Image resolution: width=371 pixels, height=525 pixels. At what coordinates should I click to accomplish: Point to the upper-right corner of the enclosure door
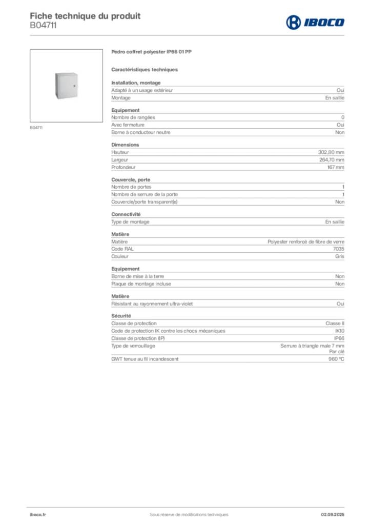[78, 75]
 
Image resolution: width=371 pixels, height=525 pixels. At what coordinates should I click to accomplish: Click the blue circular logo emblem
[293, 22]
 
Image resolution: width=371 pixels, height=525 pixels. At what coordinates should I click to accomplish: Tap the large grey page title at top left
[85, 15]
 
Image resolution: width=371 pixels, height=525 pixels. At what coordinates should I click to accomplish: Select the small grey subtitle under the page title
[43, 30]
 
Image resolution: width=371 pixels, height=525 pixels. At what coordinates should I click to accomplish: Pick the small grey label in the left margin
[36, 128]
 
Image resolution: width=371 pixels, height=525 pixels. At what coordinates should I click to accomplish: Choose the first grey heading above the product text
[151, 53]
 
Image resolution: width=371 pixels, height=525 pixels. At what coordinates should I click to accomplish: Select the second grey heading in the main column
[145, 69]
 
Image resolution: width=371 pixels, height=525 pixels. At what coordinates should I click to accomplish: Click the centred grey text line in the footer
[185, 511]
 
